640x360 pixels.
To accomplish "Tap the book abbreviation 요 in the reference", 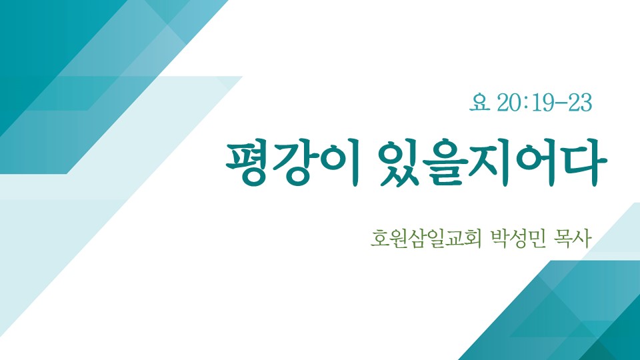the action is coord(479,103).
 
